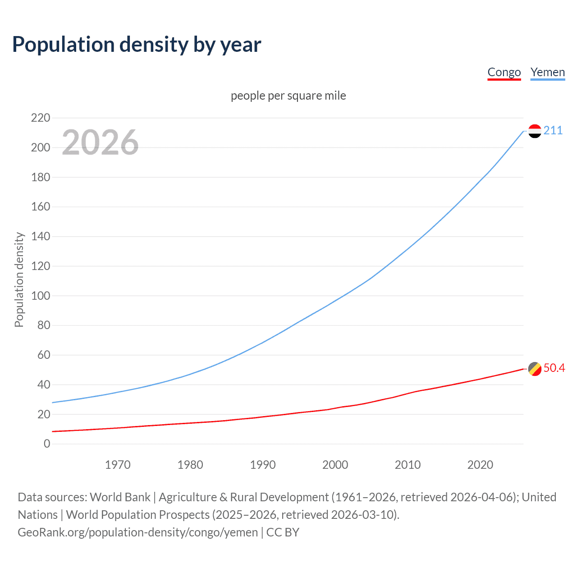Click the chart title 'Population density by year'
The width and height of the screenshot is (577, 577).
pos(137,44)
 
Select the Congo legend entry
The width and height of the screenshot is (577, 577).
pos(504,72)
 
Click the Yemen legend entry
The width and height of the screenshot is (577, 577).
pos(547,72)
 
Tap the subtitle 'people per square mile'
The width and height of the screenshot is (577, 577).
pos(288,96)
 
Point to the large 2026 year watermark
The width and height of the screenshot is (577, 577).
pos(100,142)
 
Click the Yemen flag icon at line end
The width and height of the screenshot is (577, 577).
pos(535,131)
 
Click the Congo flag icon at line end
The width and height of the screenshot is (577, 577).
pos(535,368)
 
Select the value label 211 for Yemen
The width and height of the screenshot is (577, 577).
pos(553,131)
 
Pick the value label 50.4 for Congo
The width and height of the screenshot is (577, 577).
pos(554,368)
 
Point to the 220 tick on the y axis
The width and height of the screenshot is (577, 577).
pos(41,118)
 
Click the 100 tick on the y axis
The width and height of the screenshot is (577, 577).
pos(41,296)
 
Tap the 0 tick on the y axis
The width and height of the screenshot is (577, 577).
pos(47,444)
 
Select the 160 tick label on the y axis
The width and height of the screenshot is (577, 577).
pos(41,207)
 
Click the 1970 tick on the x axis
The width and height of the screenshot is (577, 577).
pos(118,465)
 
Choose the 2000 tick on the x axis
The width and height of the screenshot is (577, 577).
pos(335,465)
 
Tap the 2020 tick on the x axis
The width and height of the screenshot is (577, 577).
pos(480,465)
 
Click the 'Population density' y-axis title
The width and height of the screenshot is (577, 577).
pos(19,279)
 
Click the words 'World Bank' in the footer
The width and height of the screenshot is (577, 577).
pos(120,497)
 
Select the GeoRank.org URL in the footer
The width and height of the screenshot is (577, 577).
pos(137,532)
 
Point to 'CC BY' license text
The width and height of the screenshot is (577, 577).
pos(283,532)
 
